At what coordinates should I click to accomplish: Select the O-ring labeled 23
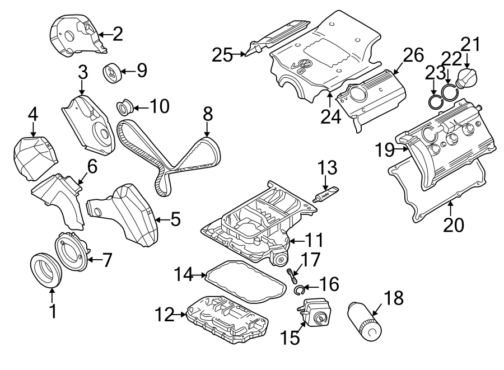click(x=434, y=102)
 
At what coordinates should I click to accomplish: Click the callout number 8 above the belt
click(x=207, y=115)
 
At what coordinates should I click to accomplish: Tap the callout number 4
click(x=33, y=114)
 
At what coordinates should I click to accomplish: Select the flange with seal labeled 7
click(x=71, y=253)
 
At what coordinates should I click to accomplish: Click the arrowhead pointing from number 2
click(x=100, y=35)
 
